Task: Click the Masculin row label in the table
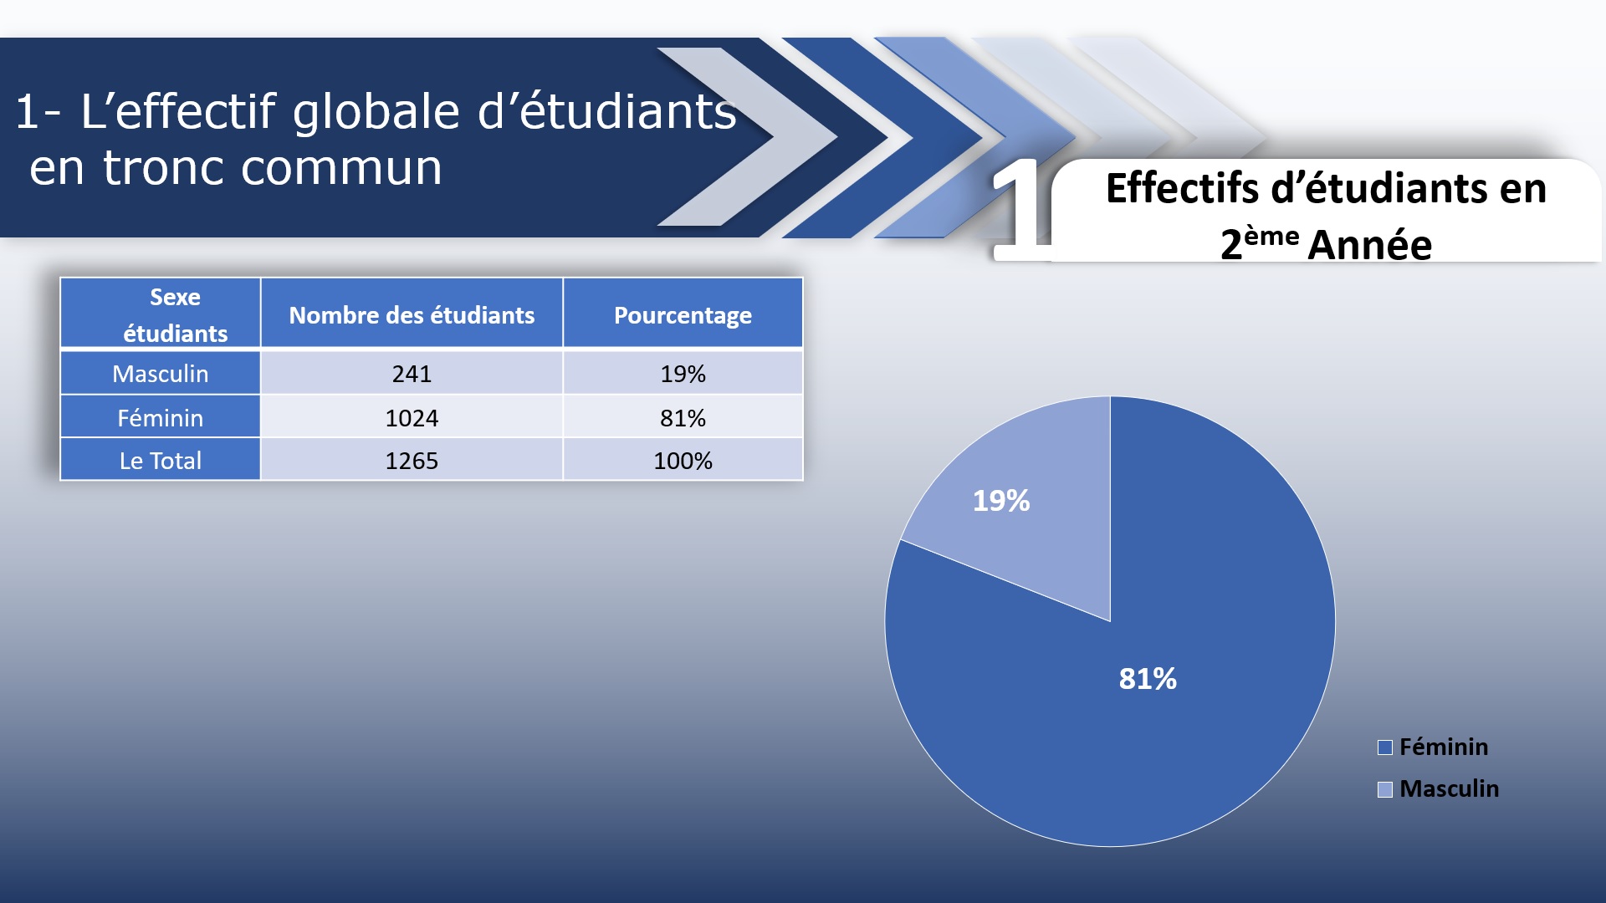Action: pyautogui.click(x=160, y=373)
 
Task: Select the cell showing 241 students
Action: pyautogui.click(x=412, y=373)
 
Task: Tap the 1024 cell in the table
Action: pyautogui.click(x=412, y=416)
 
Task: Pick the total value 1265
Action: pyautogui.click(x=412, y=460)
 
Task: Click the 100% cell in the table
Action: pyautogui.click(x=683, y=460)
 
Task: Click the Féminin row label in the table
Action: pyautogui.click(x=160, y=416)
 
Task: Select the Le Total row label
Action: pyautogui.click(x=160, y=460)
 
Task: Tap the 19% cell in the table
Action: pyautogui.click(x=683, y=373)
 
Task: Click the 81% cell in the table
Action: pyautogui.click(x=683, y=416)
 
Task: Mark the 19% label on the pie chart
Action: pyautogui.click(x=1001, y=500)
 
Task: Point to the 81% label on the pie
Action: pyautogui.click(x=1148, y=678)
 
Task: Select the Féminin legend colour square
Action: pyautogui.click(x=1385, y=747)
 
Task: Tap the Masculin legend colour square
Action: pyautogui.click(x=1385, y=789)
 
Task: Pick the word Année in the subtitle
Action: pyautogui.click(x=1370, y=245)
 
